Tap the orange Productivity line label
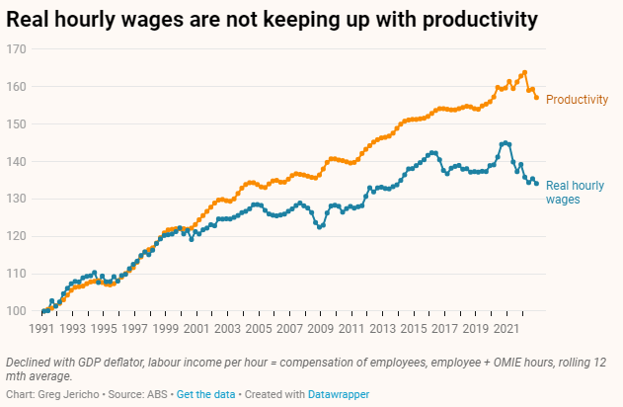coord(577,100)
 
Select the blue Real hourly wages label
coord(576,192)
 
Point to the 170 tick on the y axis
coord(14,48)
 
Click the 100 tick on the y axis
coord(14,311)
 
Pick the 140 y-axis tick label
coord(14,161)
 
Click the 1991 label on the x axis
coord(41,327)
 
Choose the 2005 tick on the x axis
coord(259,327)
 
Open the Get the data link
coord(205,394)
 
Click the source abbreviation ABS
coord(158,394)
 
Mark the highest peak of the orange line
coord(524,72)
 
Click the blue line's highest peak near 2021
coord(506,142)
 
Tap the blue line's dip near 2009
coord(319,227)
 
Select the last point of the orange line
coord(536,98)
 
